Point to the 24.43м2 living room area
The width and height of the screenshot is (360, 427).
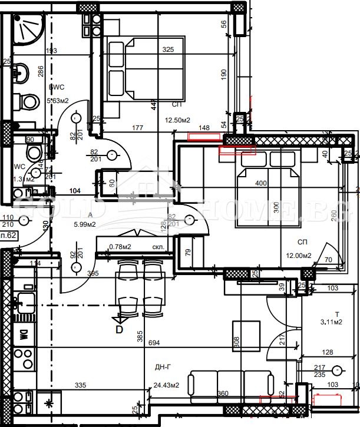pos(166,386)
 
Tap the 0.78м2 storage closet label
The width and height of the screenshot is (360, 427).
pos(120,247)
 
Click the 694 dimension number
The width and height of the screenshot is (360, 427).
pos(171,343)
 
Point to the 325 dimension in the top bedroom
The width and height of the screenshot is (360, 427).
pos(168,50)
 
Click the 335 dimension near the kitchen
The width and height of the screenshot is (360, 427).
pos(81,386)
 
